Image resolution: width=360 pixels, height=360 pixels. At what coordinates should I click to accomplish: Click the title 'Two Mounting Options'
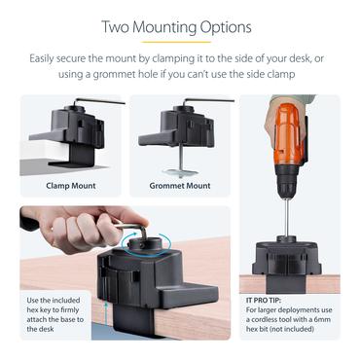tap(180, 27)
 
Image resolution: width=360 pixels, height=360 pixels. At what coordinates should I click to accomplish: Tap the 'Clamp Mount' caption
tap(69, 185)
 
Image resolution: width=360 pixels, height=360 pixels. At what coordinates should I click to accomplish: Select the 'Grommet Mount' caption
tap(180, 185)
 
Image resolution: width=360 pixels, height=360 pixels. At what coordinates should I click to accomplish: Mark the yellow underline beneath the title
tap(180, 43)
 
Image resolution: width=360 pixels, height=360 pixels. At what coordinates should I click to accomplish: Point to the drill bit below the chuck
tap(285, 217)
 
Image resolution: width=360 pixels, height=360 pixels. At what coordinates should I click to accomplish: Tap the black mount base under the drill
tap(287, 257)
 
